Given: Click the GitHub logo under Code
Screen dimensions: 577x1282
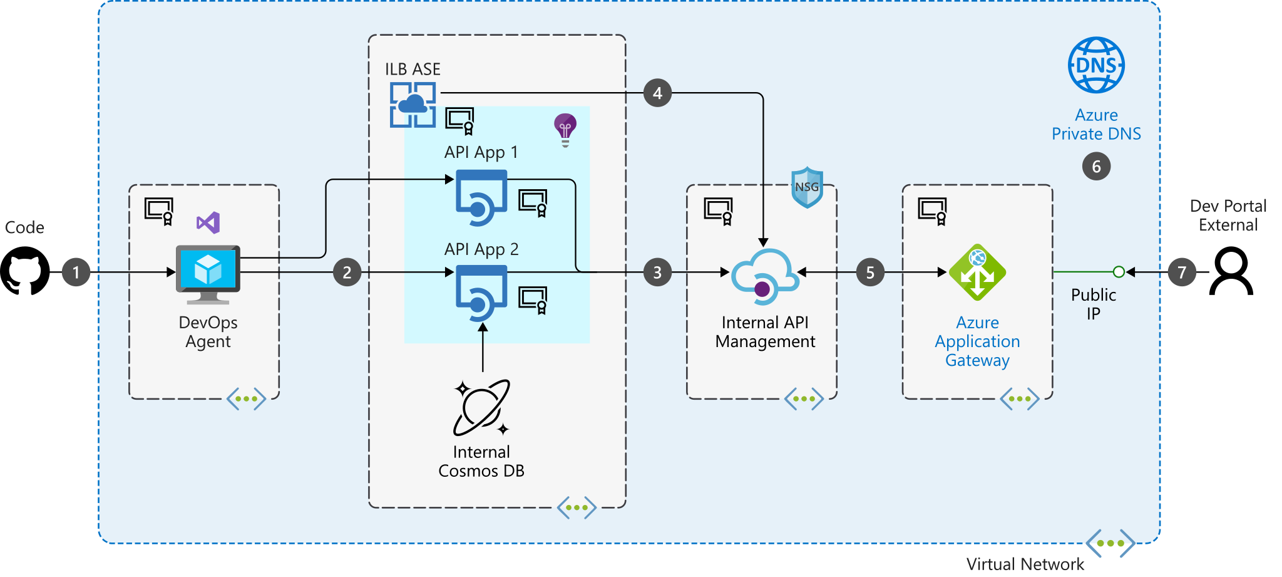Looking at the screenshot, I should (x=25, y=271).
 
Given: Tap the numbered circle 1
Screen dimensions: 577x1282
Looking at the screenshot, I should (x=76, y=273).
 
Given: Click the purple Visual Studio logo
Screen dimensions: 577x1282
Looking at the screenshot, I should (x=208, y=223).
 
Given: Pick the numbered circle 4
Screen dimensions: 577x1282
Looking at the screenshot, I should (x=657, y=93).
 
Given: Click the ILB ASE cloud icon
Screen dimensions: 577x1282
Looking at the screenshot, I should (x=413, y=105).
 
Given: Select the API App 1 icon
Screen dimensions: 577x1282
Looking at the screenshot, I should (x=481, y=197).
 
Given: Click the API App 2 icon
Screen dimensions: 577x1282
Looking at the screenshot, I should (x=481, y=293).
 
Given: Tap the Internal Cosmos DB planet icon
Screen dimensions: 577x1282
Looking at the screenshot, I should (x=481, y=408).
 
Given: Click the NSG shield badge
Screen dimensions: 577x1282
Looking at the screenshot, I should (x=807, y=187).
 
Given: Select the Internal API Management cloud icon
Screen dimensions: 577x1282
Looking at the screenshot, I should (x=765, y=276).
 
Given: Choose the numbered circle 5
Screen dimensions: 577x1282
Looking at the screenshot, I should (x=870, y=273).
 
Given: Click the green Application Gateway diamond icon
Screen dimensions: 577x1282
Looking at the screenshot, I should (x=977, y=273).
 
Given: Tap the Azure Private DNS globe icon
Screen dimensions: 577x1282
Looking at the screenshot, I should (x=1096, y=65).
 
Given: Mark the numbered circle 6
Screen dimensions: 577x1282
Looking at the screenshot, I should (x=1096, y=167).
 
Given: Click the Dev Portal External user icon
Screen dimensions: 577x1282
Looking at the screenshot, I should (x=1231, y=271).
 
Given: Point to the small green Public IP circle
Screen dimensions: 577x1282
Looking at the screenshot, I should (x=1119, y=272).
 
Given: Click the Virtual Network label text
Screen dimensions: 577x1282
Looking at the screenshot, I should (x=1025, y=564).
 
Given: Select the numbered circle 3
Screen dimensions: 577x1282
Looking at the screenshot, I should (x=657, y=273).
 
